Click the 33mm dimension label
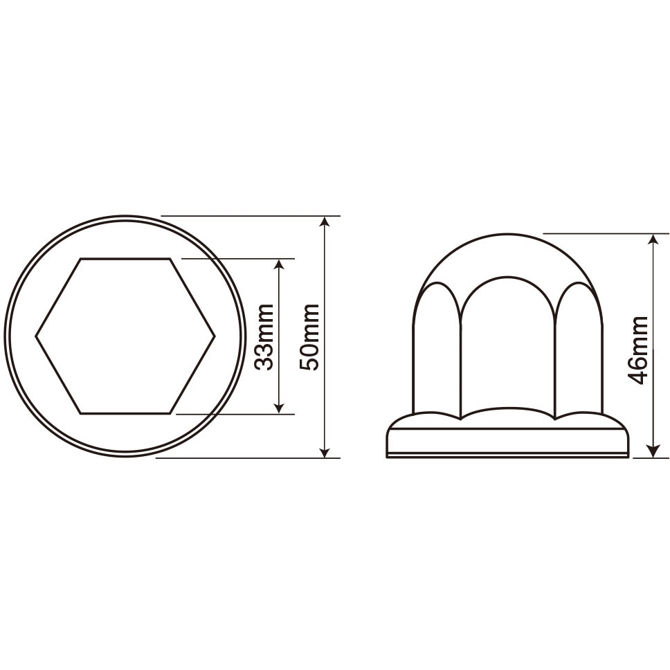pos(263,336)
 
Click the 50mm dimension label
pos(309,336)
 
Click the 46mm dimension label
pos(637,350)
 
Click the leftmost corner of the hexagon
pos(36,336)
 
